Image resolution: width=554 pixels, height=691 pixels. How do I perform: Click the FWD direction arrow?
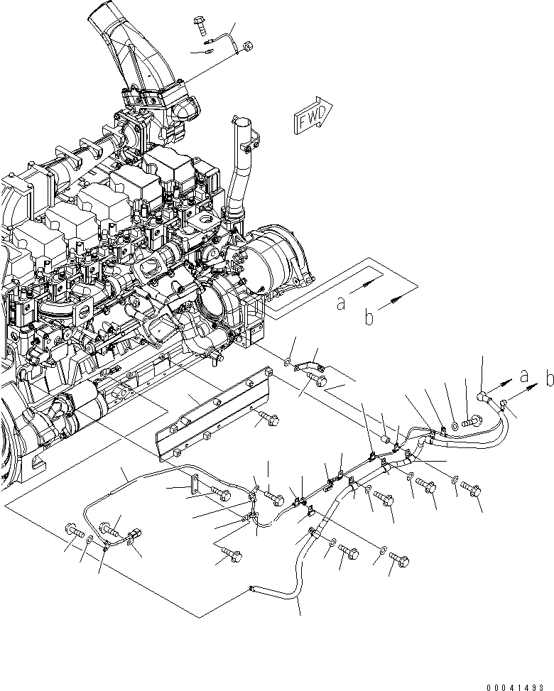point(312,116)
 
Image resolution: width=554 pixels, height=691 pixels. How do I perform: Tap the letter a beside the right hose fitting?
point(523,375)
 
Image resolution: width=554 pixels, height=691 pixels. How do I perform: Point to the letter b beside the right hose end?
point(549,379)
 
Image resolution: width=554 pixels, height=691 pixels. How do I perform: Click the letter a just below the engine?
point(342,303)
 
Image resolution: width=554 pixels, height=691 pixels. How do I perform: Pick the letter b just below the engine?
point(369,318)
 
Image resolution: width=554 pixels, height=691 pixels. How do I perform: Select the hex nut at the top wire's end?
point(246,47)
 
